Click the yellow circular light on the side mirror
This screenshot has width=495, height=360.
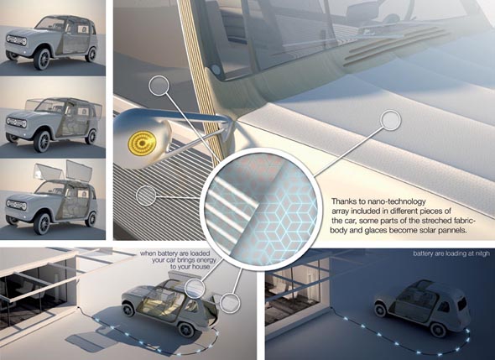pyautogui.click(x=142, y=143)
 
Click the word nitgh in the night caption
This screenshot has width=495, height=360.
pyautogui.click(x=482, y=253)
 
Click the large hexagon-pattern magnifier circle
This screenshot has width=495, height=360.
pyautogui.click(x=259, y=208)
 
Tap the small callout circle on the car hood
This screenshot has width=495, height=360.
pyautogui.click(x=391, y=120)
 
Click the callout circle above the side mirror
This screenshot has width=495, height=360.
pyautogui.click(x=159, y=85)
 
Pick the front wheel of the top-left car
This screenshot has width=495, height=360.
pyautogui.click(x=42, y=59)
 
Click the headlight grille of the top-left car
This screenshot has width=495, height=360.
pyautogui.click(x=17, y=41)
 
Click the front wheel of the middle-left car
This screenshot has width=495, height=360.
pyautogui.click(x=42, y=141)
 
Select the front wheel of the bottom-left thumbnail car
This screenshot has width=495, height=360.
pyautogui.click(x=42, y=223)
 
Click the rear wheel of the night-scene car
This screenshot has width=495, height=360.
pyautogui.click(x=438, y=329)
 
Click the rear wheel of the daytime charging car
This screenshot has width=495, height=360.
pyautogui.click(x=185, y=329)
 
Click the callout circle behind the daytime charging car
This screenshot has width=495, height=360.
pyautogui.click(x=230, y=303)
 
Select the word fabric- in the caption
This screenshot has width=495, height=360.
pyautogui.click(x=463, y=220)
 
